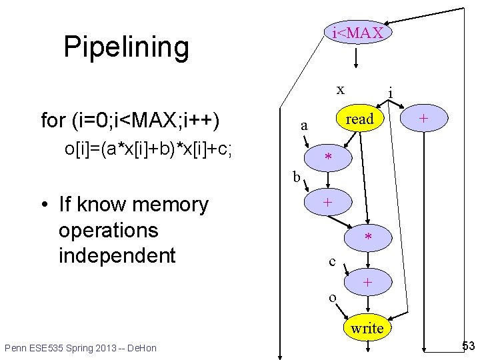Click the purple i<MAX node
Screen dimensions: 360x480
[358, 33]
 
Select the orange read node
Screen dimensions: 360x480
[361, 119]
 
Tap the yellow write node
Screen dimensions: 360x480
[367, 327]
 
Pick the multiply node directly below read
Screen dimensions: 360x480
[328, 158]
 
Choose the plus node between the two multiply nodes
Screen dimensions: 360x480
[327, 203]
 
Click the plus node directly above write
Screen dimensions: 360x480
[366, 283]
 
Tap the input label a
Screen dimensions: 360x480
[304, 125]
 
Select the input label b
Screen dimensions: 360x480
[297, 177]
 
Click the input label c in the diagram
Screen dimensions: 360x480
[332, 261]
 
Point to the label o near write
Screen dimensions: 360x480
[332, 296]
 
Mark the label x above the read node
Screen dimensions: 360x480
[340, 89]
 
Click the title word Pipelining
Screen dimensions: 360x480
[126, 47]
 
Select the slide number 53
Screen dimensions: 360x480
[468, 345]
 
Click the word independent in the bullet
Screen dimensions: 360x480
[117, 255]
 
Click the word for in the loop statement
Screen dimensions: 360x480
[53, 121]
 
